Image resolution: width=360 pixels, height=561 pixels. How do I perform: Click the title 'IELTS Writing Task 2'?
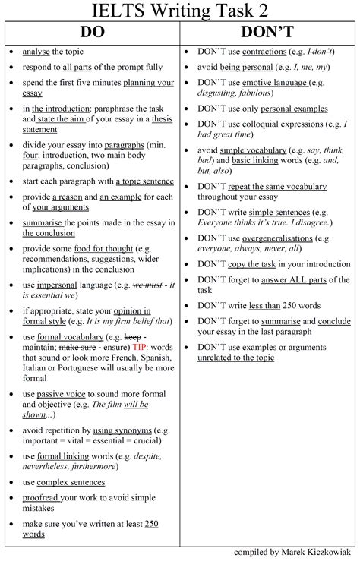(x=179, y=11)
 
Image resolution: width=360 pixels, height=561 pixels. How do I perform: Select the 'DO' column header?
(x=91, y=33)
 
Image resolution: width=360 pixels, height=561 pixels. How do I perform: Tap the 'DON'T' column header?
(x=268, y=33)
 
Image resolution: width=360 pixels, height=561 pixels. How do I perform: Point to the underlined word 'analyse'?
(x=36, y=52)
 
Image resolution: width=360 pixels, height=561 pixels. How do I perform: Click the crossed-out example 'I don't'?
(x=318, y=52)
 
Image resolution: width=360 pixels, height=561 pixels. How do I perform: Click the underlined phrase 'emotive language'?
(x=263, y=82)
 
